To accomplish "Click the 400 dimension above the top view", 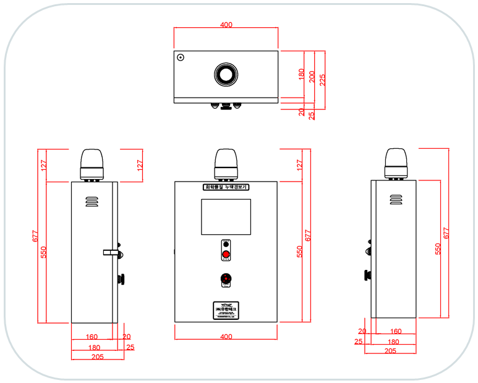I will [x=226, y=25].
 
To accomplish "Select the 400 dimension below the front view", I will [x=226, y=337].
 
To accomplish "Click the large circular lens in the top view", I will [x=226, y=74].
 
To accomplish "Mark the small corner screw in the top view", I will [x=181, y=57].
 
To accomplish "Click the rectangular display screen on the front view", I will [x=226, y=217].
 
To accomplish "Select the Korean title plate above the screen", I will [x=226, y=187].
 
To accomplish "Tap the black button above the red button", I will [x=226, y=245].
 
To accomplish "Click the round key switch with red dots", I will [x=226, y=279].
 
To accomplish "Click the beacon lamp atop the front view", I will [x=226, y=164].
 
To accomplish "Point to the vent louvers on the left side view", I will [x=92, y=201].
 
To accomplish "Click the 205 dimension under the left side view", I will [x=97, y=357].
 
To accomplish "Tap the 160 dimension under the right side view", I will [x=396, y=332].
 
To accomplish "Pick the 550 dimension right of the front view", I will [x=300, y=251].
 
